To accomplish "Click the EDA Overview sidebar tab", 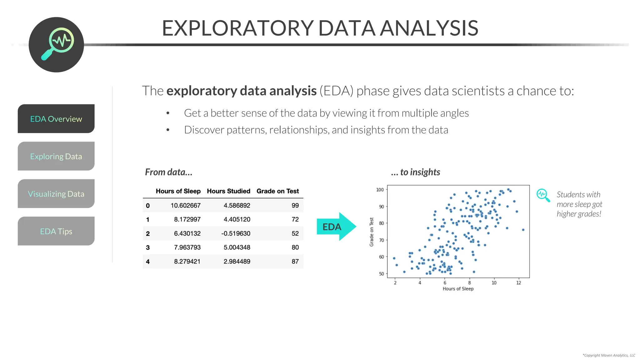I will point(56,119).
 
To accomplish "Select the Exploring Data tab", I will point(56,156).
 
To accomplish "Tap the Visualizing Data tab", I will point(56,194).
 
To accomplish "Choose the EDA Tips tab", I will point(56,231).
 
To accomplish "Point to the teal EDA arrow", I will point(336,227).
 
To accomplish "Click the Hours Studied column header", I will point(228,191).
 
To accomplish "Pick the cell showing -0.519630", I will point(236,233).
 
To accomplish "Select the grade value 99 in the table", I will point(295,205).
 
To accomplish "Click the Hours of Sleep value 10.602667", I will point(185,205).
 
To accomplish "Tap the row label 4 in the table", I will point(148,262).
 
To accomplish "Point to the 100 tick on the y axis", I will point(380,190).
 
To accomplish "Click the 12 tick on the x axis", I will point(519,283).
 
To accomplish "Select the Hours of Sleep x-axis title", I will point(458,289).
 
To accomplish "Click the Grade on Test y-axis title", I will point(372,232).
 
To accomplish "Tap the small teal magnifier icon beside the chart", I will point(543,195).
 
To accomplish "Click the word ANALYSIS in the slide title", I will point(429,28).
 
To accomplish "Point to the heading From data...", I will point(168,172).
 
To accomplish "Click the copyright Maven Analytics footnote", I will point(609,355).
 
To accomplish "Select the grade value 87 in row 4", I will point(295,262).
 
